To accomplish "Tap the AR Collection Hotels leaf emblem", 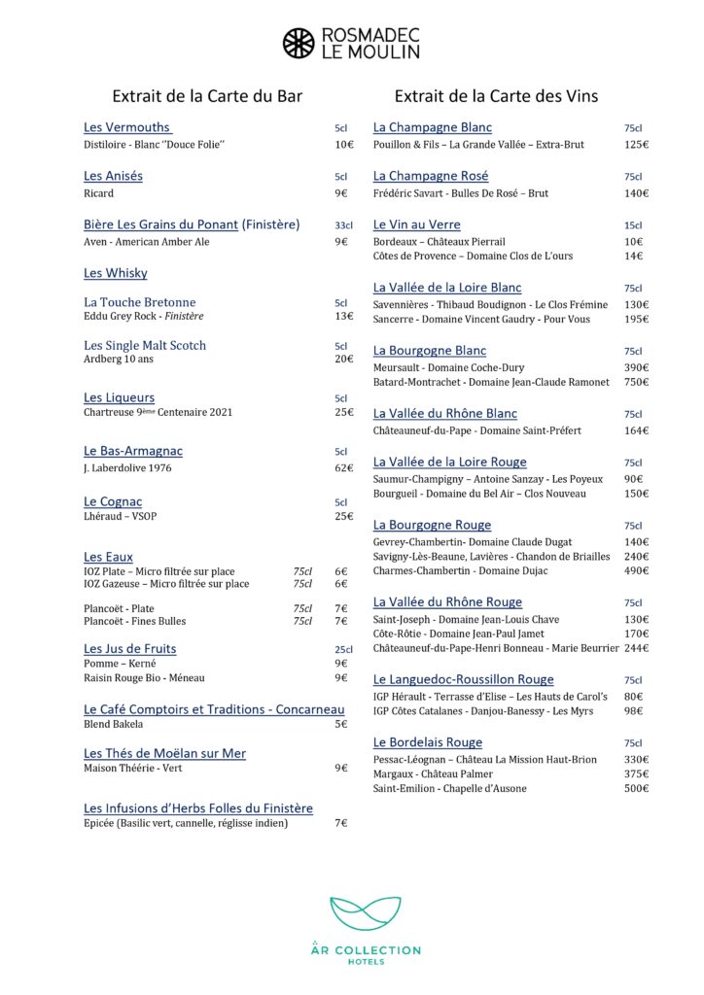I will tap(365, 912).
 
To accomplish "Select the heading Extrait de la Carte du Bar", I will tap(207, 96).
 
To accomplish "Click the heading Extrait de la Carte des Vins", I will tap(496, 96).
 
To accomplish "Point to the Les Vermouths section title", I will tap(127, 127).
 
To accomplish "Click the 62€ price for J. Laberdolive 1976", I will tap(343, 467).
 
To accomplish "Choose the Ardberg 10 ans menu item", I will tap(118, 360).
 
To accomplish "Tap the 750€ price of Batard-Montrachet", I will tap(637, 382).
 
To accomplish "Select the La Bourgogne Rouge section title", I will tap(432, 525).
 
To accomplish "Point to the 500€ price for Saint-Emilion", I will tap(637, 788).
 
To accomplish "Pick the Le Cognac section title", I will tap(113, 501).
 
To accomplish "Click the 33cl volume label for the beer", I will tap(342, 225).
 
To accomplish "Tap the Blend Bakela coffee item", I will tap(114, 724).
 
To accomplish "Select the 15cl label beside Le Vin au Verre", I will tap(633, 225).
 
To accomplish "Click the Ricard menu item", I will tap(99, 193).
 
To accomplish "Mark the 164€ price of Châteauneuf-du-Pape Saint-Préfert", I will tap(637, 430).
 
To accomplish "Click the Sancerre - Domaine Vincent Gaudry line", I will tap(481, 319).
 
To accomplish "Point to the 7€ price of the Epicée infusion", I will tap(340, 823).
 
